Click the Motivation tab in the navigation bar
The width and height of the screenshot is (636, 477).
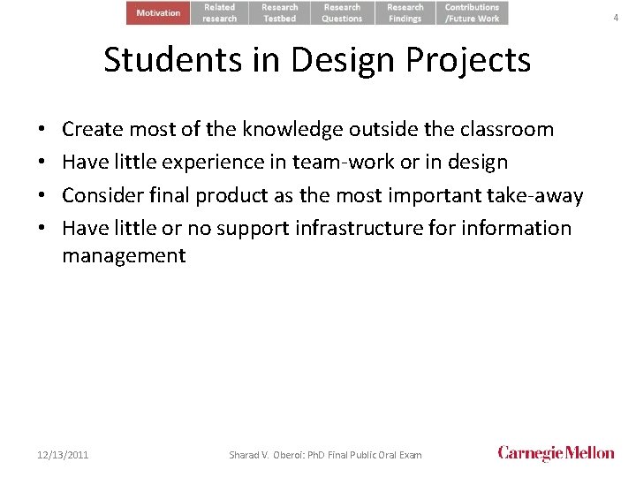click(158, 12)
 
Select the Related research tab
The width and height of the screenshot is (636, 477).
click(220, 12)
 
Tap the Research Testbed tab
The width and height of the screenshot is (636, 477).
click(280, 12)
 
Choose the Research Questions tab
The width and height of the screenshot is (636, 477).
click(342, 12)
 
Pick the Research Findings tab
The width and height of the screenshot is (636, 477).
click(405, 12)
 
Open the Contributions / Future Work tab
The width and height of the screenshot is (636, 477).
click(472, 12)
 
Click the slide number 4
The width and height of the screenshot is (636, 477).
click(616, 18)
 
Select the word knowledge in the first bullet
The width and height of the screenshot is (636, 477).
click(283, 129)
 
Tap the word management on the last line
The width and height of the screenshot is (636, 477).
click(124, 256)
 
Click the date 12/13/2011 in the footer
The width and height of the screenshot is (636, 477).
click(63, 455)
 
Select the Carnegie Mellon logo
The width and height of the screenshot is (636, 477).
click(556, 453)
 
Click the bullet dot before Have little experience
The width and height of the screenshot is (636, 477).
click(42, 163)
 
